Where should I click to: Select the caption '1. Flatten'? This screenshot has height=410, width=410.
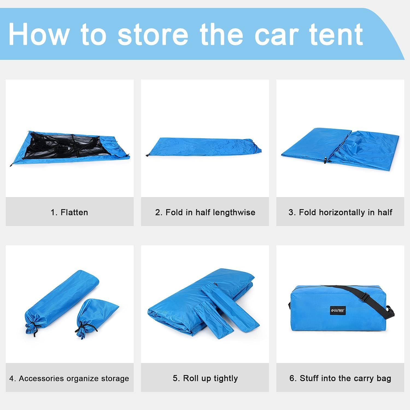(69, 212)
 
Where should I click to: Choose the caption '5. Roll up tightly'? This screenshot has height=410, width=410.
(205, 379)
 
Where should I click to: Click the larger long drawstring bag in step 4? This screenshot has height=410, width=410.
(62, 302)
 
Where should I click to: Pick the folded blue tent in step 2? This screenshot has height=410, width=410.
(204, 147)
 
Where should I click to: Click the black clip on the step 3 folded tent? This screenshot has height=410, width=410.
(326, 160)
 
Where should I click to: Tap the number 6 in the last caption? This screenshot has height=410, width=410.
(292, 379)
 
